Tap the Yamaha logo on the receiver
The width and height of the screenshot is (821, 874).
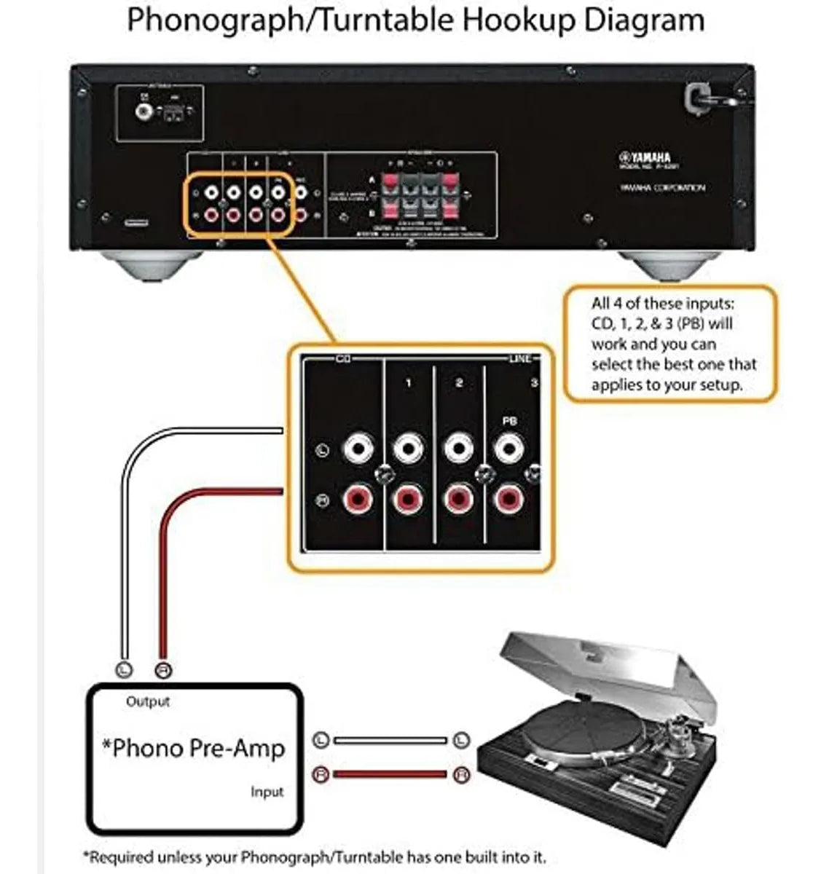click(x=645, y=157)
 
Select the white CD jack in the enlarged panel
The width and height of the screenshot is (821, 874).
click(x=358, y=447)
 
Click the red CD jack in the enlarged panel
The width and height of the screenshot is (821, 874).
click(x=358, y=500)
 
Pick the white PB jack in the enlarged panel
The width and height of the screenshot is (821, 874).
click(x=509, y=447)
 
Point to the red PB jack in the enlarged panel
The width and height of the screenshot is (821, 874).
click(x=509, y=500)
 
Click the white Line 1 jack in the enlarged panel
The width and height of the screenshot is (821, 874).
click(x=408, y=447)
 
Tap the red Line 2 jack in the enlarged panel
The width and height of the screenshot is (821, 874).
click(x=459, y=500)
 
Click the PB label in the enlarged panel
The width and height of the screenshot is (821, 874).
click(x=510, y=421)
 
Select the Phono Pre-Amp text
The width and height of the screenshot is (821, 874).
click(x=194, y=748)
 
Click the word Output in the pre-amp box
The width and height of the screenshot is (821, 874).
click(x=148, y=701)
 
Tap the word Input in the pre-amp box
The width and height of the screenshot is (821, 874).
click(x=267, y=792)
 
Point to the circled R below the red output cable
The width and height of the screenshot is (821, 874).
click(x=164, y=669)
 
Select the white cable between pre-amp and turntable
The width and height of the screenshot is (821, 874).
click(x=390, y=741)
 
